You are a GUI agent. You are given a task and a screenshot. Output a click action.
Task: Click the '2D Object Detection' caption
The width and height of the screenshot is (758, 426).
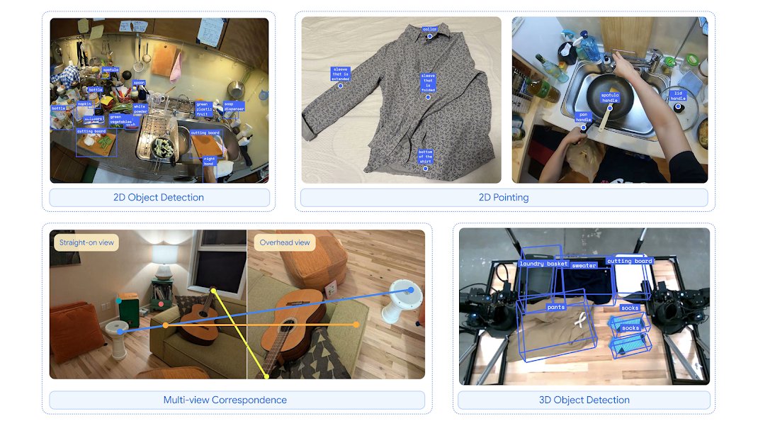(159, 197)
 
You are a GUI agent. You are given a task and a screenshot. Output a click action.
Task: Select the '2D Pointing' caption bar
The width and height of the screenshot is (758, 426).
(504, 197)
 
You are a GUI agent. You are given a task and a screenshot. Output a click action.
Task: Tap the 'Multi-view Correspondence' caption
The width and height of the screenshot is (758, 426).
(225, 400)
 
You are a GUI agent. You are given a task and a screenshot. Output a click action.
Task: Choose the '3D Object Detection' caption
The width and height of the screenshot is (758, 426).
(584, 400)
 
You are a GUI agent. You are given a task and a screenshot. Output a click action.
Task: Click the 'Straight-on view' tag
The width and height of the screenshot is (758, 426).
(86, 242)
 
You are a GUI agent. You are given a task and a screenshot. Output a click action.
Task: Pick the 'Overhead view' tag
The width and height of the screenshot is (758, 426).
(285, 242)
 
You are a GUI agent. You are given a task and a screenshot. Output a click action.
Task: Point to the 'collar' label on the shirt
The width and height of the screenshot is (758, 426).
(430, 29)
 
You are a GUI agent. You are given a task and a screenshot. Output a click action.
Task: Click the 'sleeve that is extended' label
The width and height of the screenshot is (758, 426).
(341, 73)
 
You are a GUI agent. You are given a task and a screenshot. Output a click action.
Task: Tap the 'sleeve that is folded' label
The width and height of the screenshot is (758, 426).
(428, 82)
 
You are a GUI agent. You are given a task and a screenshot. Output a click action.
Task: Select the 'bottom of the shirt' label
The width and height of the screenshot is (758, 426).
(425, 157)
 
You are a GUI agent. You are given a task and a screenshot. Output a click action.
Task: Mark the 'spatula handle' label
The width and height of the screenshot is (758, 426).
(610, 97)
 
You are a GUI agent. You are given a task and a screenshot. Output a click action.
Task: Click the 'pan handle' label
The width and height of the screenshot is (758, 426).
(583, 116)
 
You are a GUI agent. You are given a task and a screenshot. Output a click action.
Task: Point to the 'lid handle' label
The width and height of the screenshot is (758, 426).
(678, 96)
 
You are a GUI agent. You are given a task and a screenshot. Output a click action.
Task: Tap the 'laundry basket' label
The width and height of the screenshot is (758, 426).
(544, 264)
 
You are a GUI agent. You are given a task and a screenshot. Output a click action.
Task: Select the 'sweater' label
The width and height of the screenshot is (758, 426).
(584, 266)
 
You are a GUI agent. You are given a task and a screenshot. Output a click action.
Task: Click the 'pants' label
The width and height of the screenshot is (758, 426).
(556, 308)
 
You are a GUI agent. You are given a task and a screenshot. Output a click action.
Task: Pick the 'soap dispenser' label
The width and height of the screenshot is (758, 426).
(234, 106)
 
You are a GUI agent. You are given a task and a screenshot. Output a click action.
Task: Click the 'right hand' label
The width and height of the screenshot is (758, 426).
(209, 161)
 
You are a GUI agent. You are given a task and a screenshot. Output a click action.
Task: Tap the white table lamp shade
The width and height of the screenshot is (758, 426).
(165, 254)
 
